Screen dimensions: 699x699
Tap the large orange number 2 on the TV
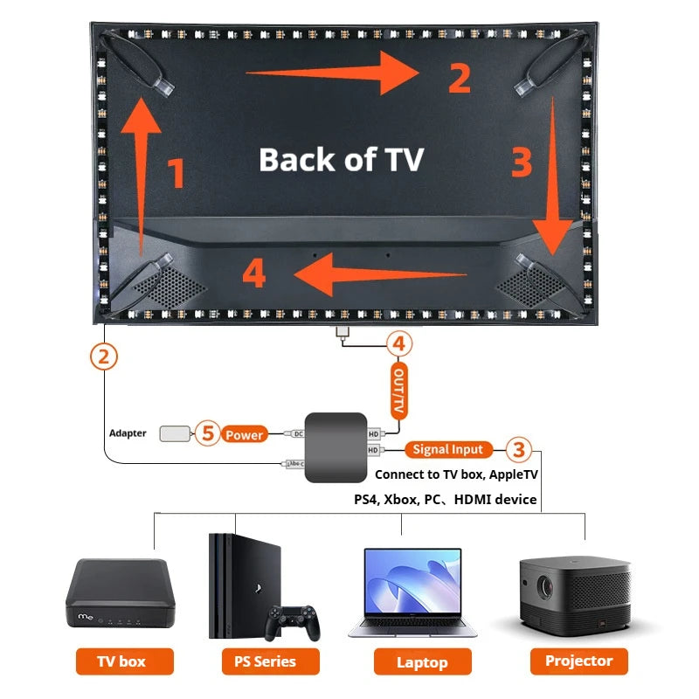(460, 79)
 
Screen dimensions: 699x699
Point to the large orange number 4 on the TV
(253, 273)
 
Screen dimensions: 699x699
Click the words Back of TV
(341, 160)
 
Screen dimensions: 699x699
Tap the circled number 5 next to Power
(206, 433)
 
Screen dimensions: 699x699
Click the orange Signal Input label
(447, 449)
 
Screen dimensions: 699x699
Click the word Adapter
(128, 433)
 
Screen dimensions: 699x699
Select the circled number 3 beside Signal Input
(519, 449)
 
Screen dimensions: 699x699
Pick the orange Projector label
(578, 661)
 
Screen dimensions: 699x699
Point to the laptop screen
(412, 585)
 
